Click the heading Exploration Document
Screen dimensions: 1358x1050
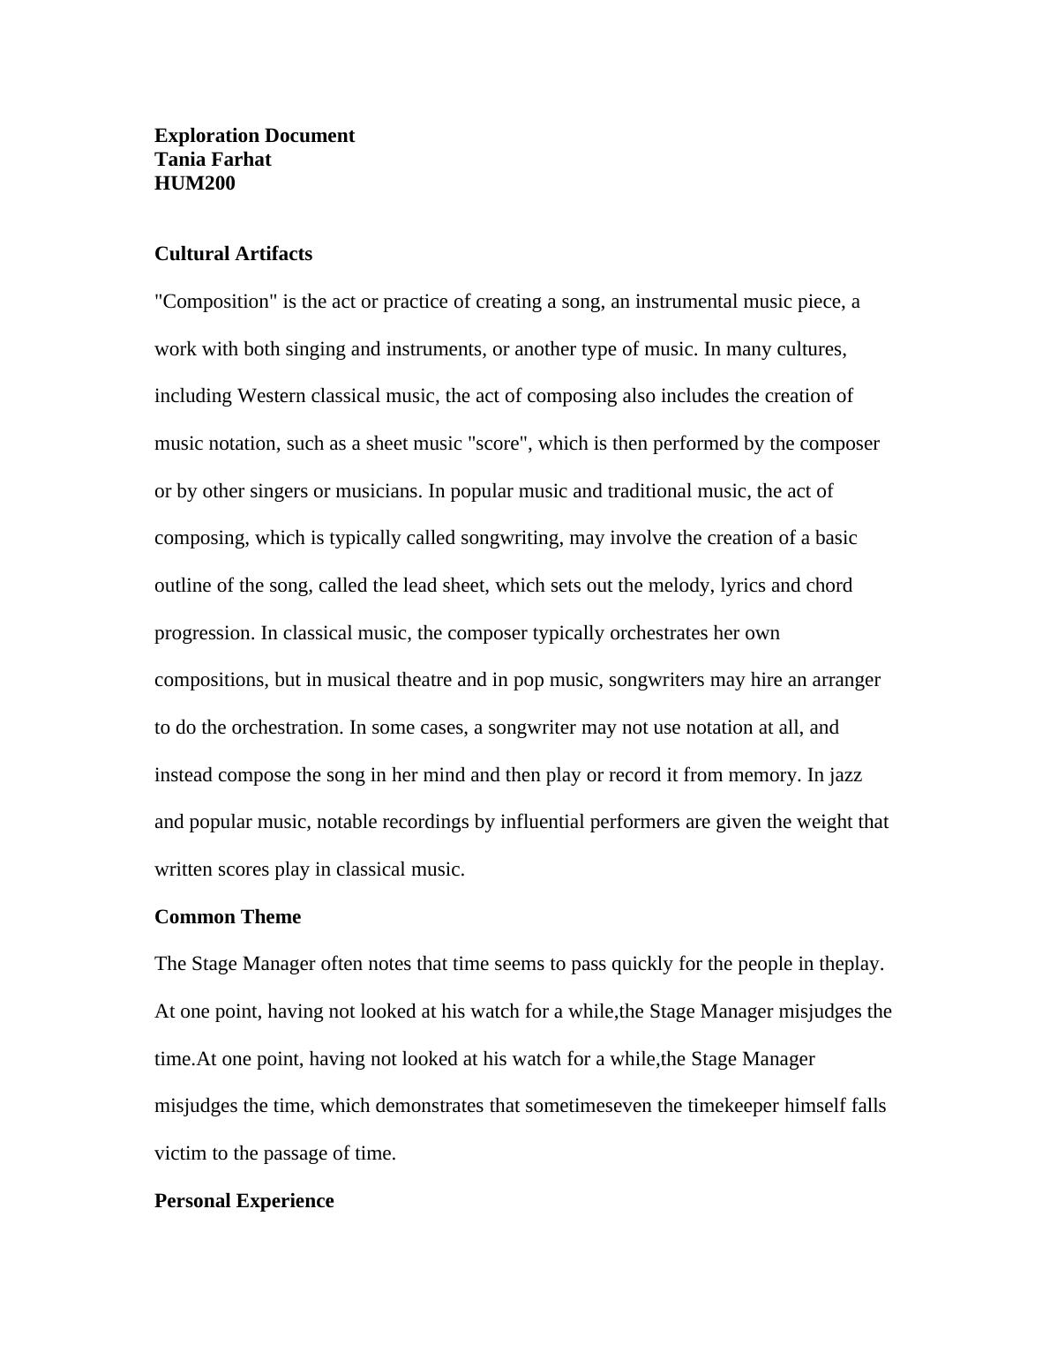click(254, 136)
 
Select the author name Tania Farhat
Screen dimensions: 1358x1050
click(213, 160)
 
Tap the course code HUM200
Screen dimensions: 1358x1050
click(195, 183)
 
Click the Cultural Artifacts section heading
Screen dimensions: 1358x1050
click(233, 254)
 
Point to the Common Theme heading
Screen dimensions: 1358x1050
click(228, 917)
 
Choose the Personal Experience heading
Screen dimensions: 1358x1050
click(244, 1201)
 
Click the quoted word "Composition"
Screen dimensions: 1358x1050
click(215, 302)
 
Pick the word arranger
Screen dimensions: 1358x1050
click(845, 680)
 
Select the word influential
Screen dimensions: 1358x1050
click(542, 822)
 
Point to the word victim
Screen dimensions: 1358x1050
click(181, 1153)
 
